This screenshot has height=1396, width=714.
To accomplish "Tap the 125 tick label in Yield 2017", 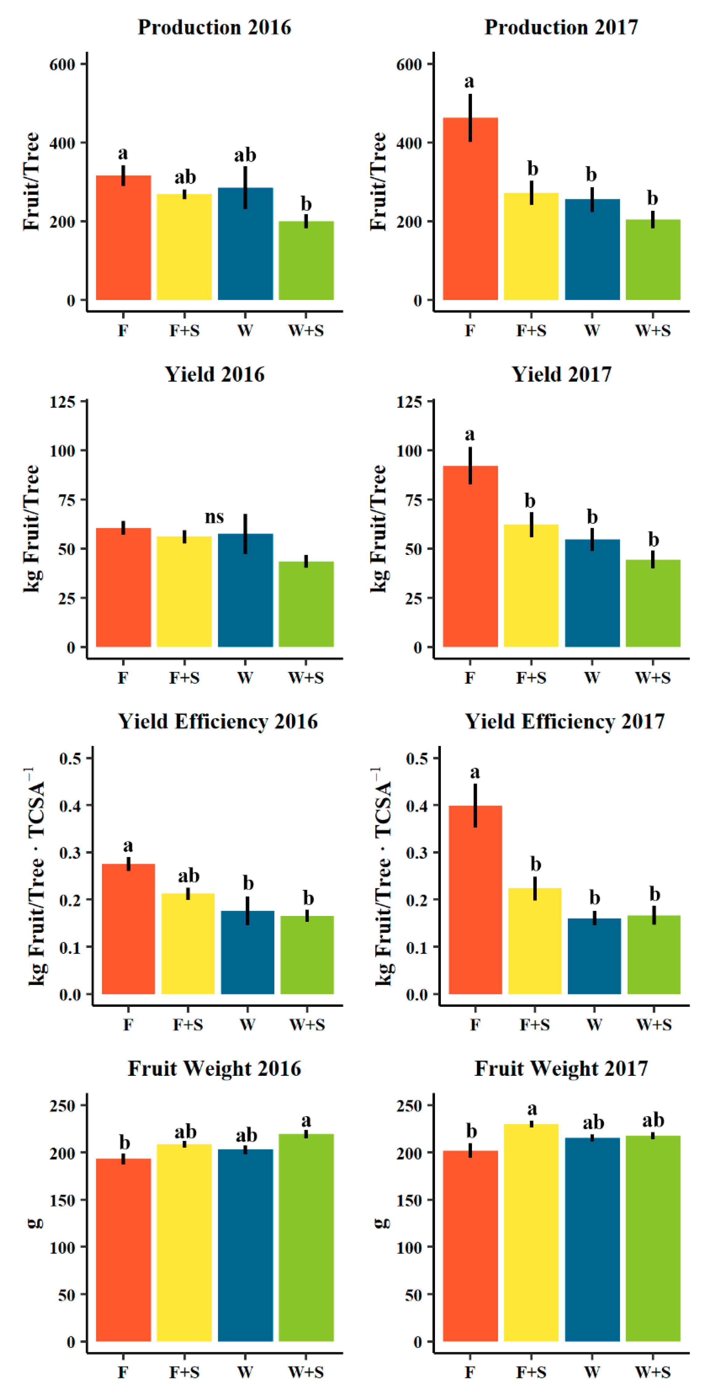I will (x=409, y=402).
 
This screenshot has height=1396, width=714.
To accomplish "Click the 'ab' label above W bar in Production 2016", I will (x=245, y=155).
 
